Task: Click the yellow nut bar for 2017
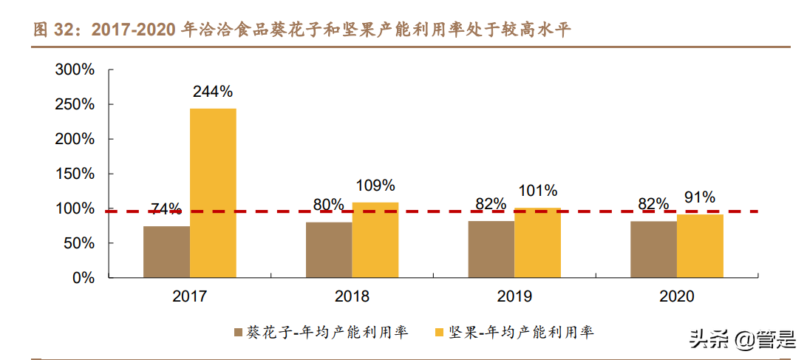pos(213,193)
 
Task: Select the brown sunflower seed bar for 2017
pos(166,252)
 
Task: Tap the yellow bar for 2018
pos(375,240)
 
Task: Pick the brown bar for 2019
pos(491,250)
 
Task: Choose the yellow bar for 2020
pos(700,246)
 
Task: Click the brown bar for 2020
pos(653,250)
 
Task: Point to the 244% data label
pos(213,92)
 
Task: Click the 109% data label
pos(375,186)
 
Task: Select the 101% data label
pos(537,191)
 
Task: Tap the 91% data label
pos(699,197)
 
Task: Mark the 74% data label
pos(166,209)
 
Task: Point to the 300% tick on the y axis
pos(75,69)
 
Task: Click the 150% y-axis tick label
pos(75,174)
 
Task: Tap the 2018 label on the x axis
pos(352,296)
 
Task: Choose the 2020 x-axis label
pos(676,296)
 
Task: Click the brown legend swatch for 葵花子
pos(238,333)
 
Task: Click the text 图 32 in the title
pos(58,30)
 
